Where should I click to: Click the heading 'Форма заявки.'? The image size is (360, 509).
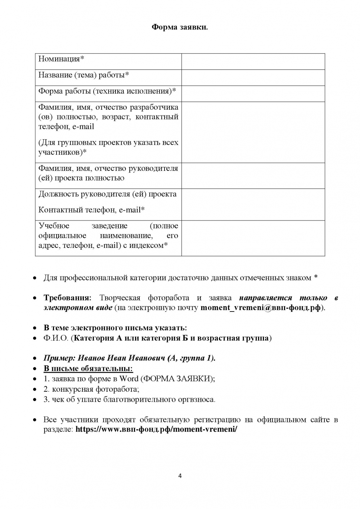(180, 27)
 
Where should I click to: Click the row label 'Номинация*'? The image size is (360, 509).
(61, 59)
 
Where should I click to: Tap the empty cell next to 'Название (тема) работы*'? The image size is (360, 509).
(253, 77)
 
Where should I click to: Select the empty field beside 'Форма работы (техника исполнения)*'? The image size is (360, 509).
(253, 94)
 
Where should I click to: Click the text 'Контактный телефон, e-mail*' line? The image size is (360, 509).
(91, 210)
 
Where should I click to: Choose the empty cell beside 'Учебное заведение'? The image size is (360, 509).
(253, 238)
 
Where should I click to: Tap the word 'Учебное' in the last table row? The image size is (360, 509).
(54, 226)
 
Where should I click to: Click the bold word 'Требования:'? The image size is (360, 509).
(68, 298)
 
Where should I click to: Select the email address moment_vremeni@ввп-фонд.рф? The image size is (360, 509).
(260, 308)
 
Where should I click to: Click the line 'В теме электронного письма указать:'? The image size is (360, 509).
(115, 328)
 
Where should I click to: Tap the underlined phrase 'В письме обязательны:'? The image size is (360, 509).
(88, 368)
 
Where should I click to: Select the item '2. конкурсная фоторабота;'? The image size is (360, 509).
(91, 389)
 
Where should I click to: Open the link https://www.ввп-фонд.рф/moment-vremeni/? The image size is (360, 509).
(156, 430)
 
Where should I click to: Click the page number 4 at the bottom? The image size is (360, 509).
(180, 476)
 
